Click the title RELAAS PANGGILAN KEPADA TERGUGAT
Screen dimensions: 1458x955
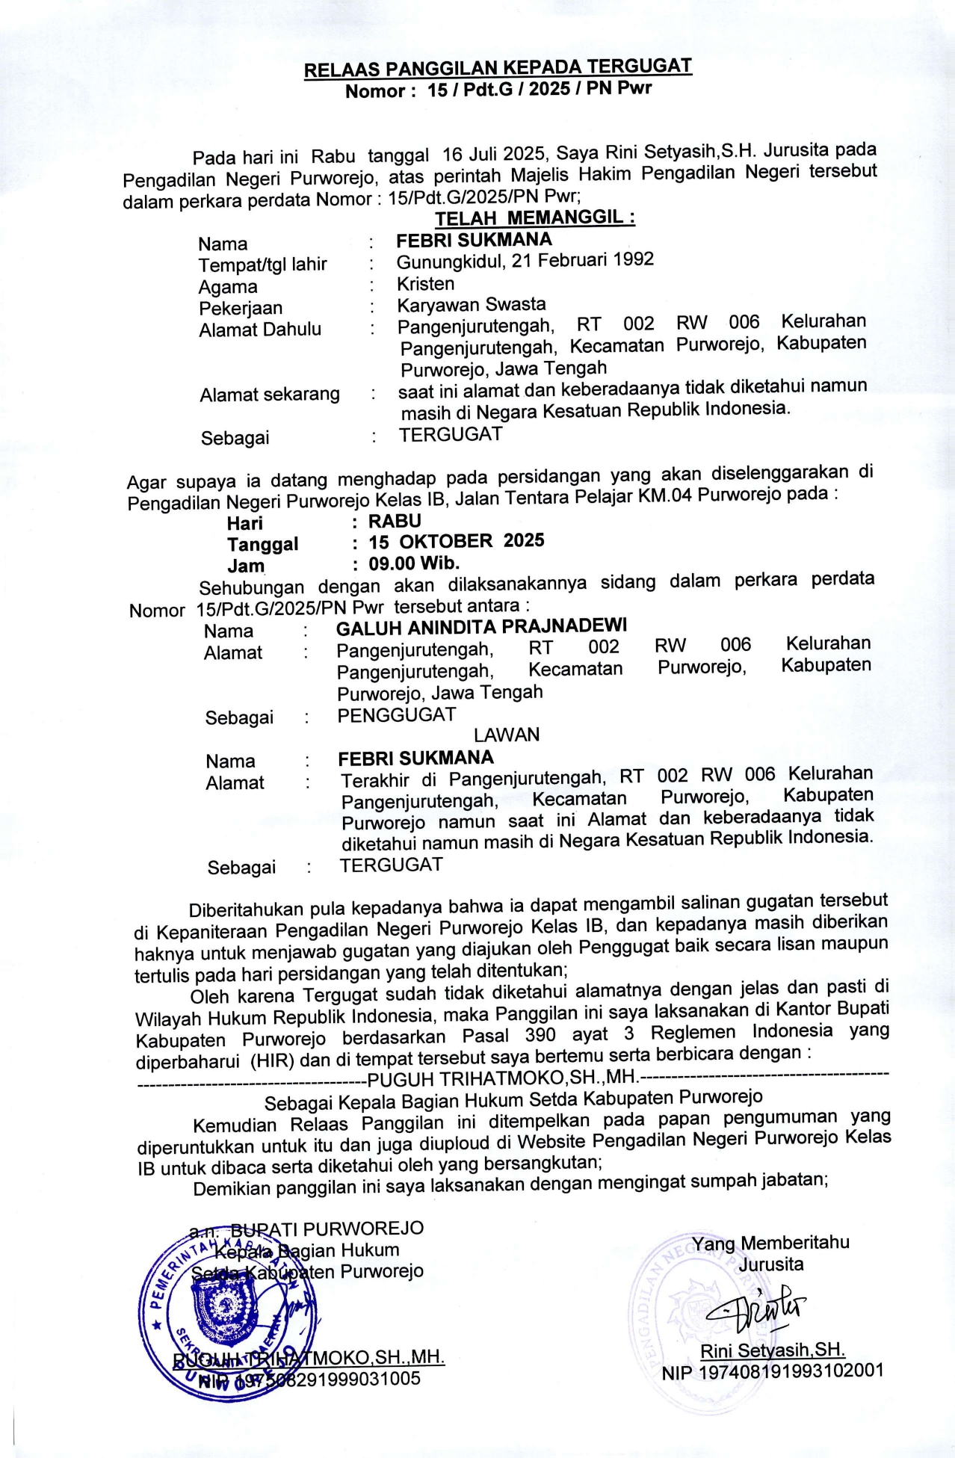pos(498,68)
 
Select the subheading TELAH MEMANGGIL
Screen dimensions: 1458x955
pos(535,218)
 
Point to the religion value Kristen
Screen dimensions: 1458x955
pos(425,284)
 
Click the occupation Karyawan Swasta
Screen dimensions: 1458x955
pos(471,305)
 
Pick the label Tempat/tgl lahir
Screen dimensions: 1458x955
pos(262,265)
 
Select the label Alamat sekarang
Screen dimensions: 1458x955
pos(269,395)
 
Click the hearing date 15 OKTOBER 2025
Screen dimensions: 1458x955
pos(456,542)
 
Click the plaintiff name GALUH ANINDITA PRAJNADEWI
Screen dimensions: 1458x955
pos(481,626)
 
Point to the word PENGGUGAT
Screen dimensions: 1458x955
pos(396,715)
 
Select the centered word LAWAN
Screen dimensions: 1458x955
pos(506,735)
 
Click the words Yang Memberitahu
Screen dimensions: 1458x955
pos(770,1243)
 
